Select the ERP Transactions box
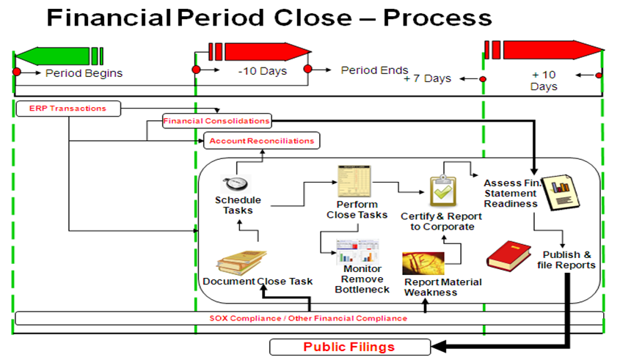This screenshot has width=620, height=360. (x=68, y=109)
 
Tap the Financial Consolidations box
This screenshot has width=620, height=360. (x=216, y=120)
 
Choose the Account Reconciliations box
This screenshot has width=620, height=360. (x=261, y=140)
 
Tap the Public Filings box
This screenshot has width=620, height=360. (x=349, y=347)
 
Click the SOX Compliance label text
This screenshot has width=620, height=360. (x=307, y=318)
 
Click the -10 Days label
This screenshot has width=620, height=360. (x=262, y=72)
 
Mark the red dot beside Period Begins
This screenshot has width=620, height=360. (x=17, y=72)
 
